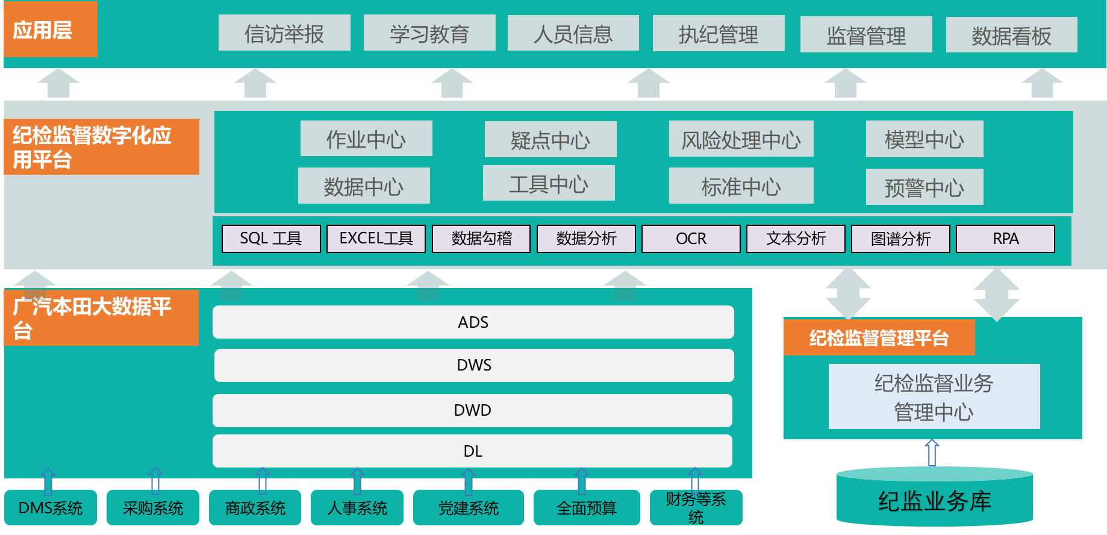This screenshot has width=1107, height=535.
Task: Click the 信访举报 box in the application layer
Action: coord(284,33)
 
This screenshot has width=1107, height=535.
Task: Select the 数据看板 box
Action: coord(1011,35)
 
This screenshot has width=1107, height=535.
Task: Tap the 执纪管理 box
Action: coord(719,34)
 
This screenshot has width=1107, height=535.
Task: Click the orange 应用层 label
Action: coord(50,30)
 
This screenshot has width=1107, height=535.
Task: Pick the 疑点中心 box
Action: coord(550,139)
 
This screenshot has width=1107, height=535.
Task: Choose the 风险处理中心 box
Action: coord(741,139)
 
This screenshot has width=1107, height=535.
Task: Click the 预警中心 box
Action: coord(924,187)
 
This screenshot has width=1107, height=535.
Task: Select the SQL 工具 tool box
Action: coord(271,239)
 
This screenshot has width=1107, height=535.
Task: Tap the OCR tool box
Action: coord(691,239)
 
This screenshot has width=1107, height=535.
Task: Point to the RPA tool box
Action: coord(1005,239)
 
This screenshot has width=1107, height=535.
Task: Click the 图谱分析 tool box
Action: coord(900,239)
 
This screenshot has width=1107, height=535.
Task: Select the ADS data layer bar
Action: coord(473,322)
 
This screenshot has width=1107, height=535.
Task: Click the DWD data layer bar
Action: coord(473,410)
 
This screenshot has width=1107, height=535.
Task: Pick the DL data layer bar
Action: coord(473,451)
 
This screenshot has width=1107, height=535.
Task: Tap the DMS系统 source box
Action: coord(51,508)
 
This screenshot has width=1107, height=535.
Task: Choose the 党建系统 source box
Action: coord(468,508)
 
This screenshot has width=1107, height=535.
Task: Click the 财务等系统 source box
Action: coord(696,508)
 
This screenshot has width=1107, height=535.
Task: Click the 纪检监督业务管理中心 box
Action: coord(934,396)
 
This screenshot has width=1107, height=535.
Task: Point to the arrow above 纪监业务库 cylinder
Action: coord(932,452)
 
